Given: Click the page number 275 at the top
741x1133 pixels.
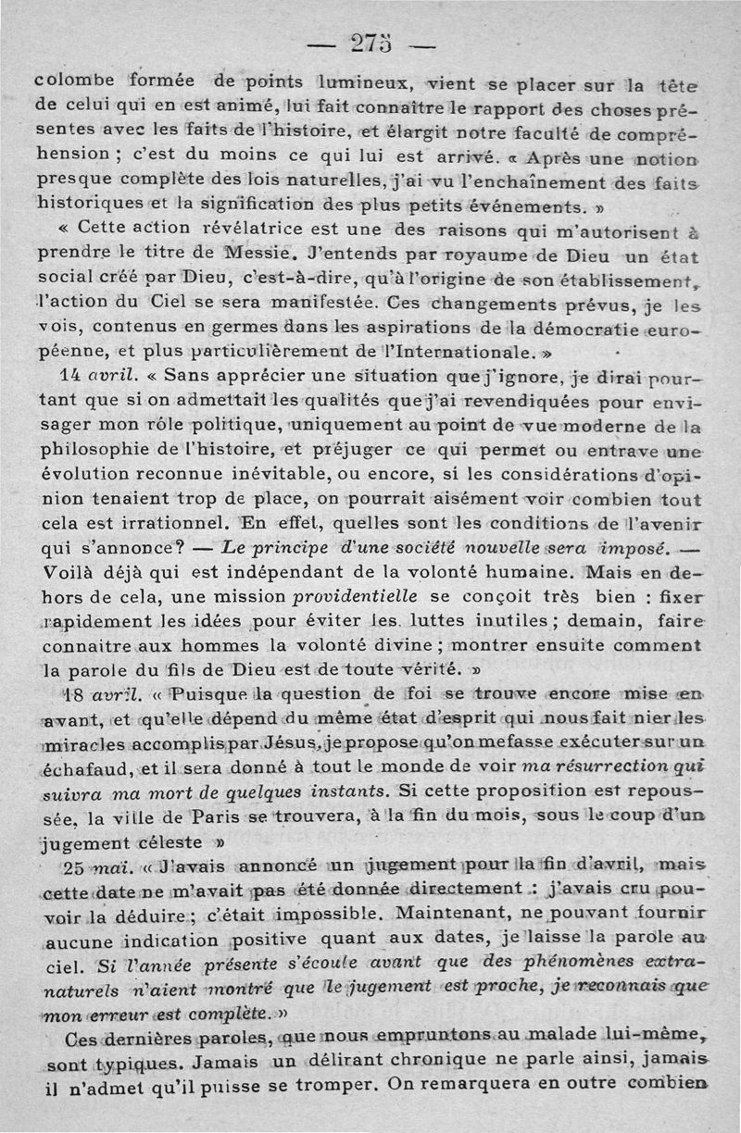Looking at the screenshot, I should (x=370, y=44).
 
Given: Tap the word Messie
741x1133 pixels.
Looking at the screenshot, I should (x=263, y=252).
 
